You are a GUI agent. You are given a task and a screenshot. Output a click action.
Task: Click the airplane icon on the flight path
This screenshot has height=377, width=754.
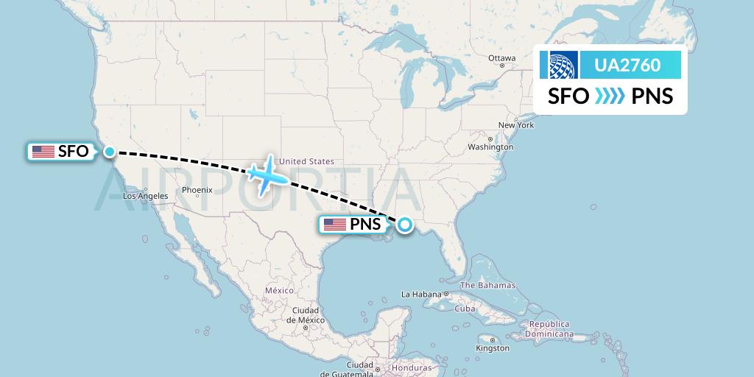tap(267, 175)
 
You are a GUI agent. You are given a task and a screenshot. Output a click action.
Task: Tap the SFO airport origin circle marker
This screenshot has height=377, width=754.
tap(109, 152)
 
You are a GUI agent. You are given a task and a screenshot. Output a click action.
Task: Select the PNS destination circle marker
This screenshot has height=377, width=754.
tap(404, 225)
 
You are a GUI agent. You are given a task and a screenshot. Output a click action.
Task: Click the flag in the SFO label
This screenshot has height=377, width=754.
tap(43, 152)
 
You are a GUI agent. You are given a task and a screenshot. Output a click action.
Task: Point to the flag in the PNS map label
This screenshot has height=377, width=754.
tap(334, 225)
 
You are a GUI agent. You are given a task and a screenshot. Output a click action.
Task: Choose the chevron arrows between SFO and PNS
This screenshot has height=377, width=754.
tap(609, 96)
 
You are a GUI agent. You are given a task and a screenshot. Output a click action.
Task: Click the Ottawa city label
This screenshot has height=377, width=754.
tap(501, 58)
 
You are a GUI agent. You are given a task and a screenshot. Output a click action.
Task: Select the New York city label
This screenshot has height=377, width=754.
tap(515, 125)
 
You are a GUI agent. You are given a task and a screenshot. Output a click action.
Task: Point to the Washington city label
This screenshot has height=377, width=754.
tap(490, 147)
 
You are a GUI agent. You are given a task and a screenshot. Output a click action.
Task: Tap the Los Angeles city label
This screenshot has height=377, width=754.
tap(145, 196)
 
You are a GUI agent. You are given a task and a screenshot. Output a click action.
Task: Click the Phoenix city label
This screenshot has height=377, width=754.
tap(197, 190)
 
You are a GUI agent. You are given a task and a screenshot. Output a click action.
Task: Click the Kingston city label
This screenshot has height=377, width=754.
tap(493, 348)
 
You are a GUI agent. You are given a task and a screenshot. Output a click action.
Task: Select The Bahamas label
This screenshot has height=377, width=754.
tap(487, 285)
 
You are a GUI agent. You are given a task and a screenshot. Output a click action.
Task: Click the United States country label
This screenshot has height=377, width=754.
tap(307, 161)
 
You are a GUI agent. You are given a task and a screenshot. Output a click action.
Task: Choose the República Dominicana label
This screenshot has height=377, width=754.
tap(548, 328)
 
